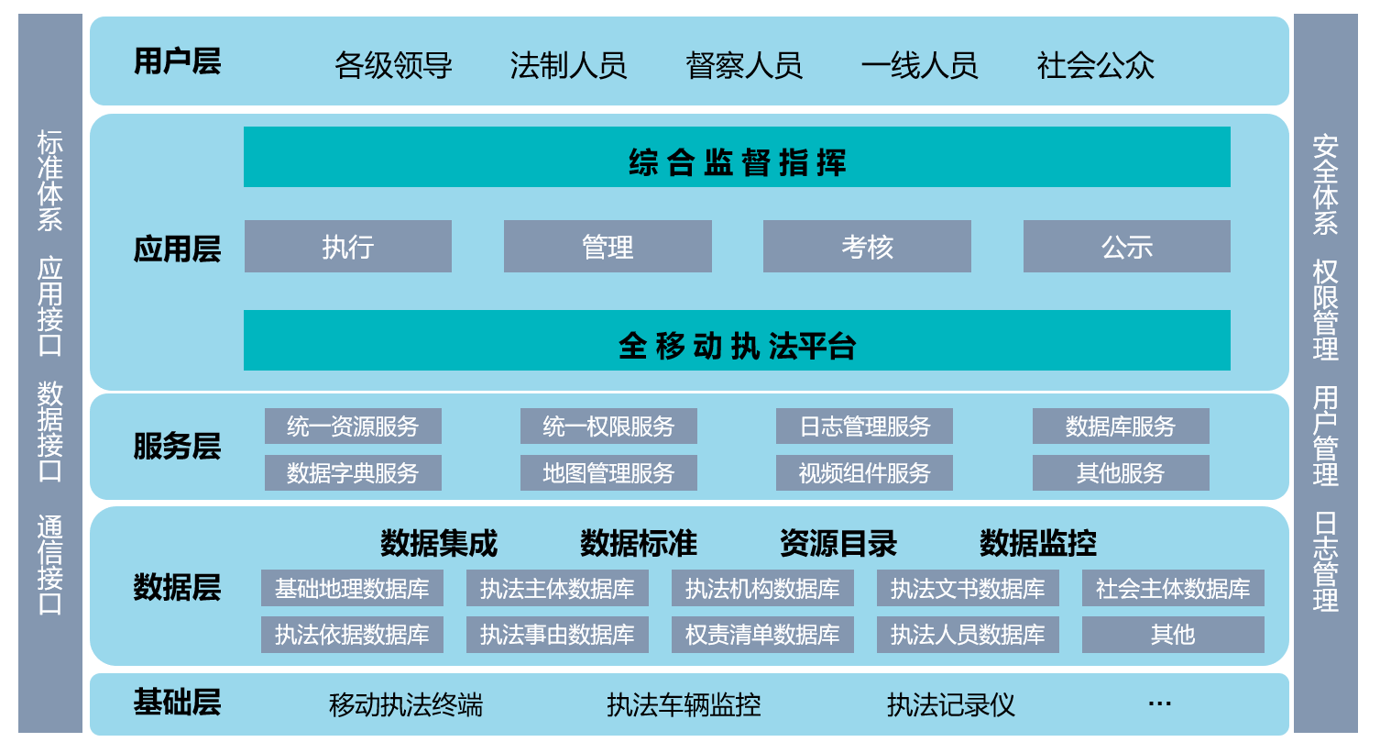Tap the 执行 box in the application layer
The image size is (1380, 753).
click(348, 247)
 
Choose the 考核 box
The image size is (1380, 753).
click(867, 247)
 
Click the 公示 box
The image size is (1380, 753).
click(1126, 247)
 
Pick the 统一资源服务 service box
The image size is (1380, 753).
click(353, 426)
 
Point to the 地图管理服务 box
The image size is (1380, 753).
click(608, 473)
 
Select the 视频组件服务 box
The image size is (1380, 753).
click(864, 473)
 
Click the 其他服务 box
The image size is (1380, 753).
click(1121, 473)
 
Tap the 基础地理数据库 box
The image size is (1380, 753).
click(352, 589)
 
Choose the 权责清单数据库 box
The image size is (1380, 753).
click(762, 635)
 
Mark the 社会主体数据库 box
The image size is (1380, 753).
click(1173, 589)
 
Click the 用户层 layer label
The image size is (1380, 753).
click(177, 61)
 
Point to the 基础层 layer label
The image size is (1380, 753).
click(177, 703)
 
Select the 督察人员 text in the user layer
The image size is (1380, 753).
click(744, 65)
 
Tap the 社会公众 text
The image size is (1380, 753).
click(1095, 65)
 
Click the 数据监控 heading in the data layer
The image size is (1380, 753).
click(1037, 544)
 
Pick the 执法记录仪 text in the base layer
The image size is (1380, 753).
click(950, 704)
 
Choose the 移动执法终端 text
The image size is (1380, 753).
click(406, 704)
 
